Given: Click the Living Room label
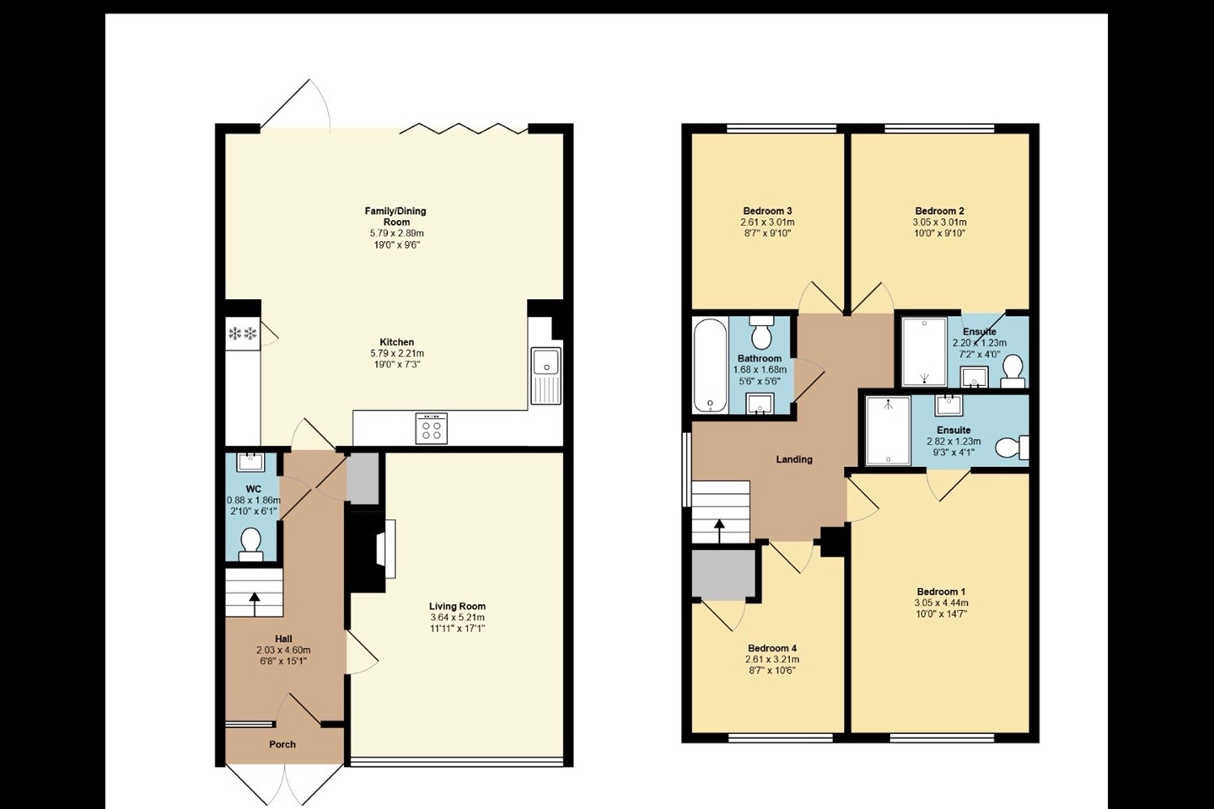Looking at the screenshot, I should click(457, 606).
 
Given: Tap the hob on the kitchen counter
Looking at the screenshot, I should click(432, 428).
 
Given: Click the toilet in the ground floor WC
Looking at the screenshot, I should click(251, 543).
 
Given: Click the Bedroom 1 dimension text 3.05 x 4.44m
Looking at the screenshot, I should click(941, 603).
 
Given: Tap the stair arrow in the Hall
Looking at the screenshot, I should click(254, 603).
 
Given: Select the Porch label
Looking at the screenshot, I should click(282, 744).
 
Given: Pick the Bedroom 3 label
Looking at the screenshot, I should click(767, 211).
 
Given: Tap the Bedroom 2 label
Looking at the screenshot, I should click(940, 211).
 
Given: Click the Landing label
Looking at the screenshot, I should click(794, 459).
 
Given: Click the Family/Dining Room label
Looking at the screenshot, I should click(395, 216).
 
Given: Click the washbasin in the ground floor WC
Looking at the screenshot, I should click(251, 462).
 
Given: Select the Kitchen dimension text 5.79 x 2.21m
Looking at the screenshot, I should click(395, 354).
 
